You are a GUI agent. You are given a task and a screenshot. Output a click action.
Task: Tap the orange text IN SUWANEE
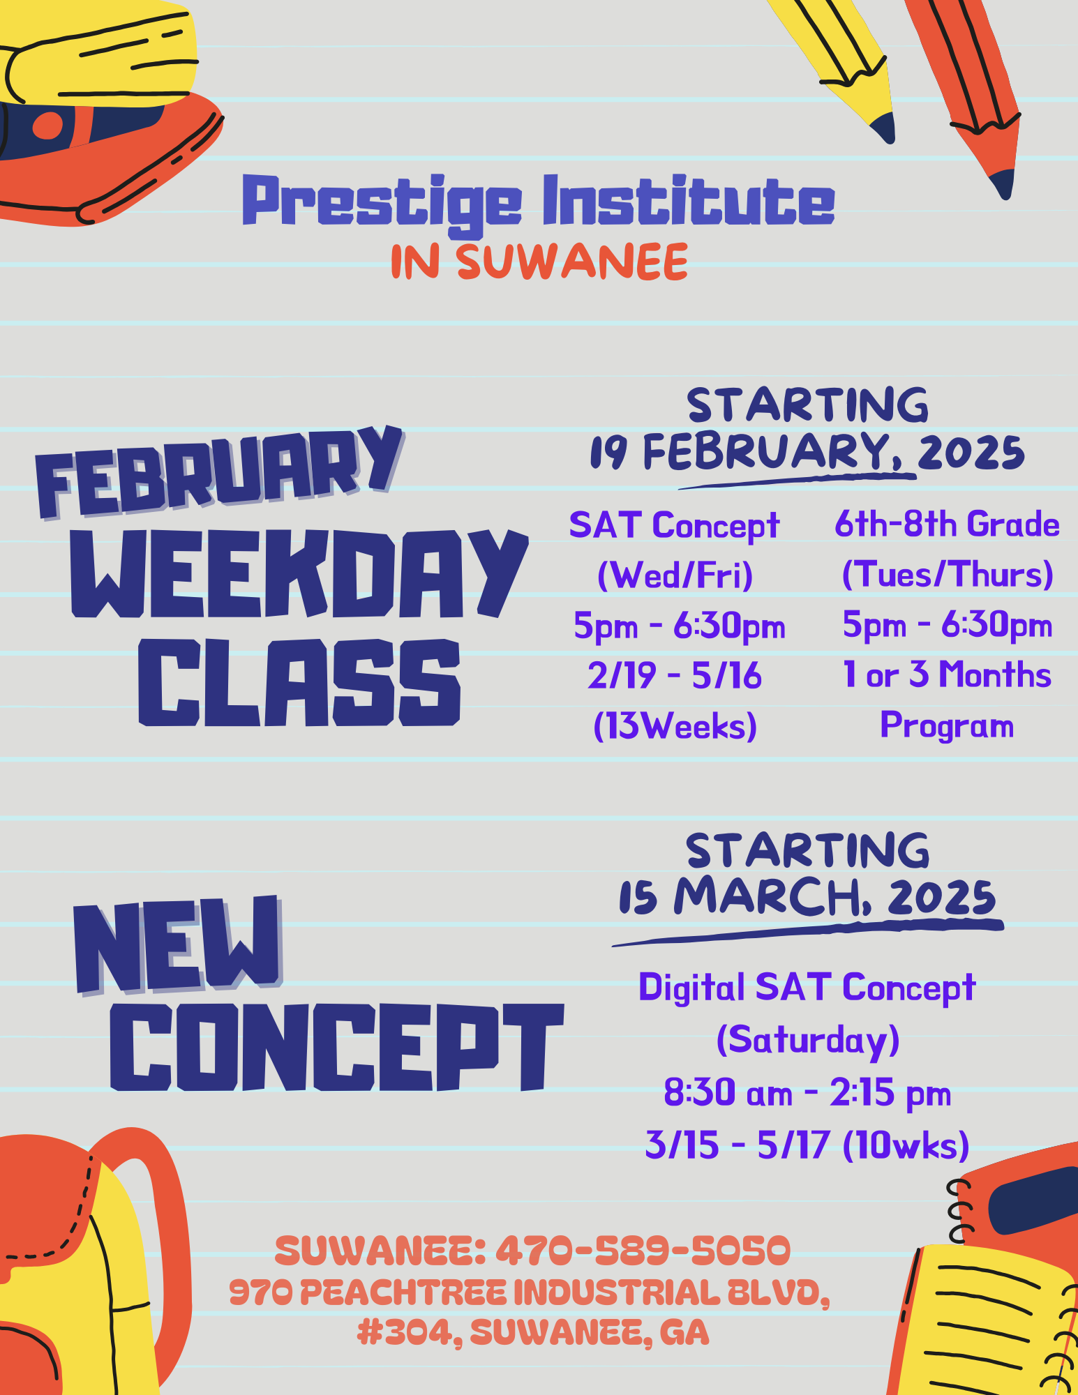point(539,262)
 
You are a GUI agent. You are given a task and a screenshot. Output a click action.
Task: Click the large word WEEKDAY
point(299,573)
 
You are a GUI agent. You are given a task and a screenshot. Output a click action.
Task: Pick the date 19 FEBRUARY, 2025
point(808,452)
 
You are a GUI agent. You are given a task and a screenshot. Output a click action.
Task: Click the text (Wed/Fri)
point(675,575)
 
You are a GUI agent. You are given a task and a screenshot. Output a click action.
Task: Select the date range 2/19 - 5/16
point(675,675)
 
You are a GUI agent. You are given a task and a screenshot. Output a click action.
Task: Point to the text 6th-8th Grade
point(948,524)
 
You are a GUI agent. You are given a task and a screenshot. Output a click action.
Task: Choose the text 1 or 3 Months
point(948,674)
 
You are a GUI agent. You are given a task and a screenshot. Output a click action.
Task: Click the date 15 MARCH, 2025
point(808,896)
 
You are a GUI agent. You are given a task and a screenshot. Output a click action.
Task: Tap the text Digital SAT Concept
point(807,988)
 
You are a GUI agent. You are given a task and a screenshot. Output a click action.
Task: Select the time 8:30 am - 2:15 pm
point(807,1092)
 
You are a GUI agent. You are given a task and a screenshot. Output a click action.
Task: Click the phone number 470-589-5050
point(643,1250)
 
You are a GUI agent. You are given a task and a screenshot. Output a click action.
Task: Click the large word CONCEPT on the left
point(336,1047)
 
